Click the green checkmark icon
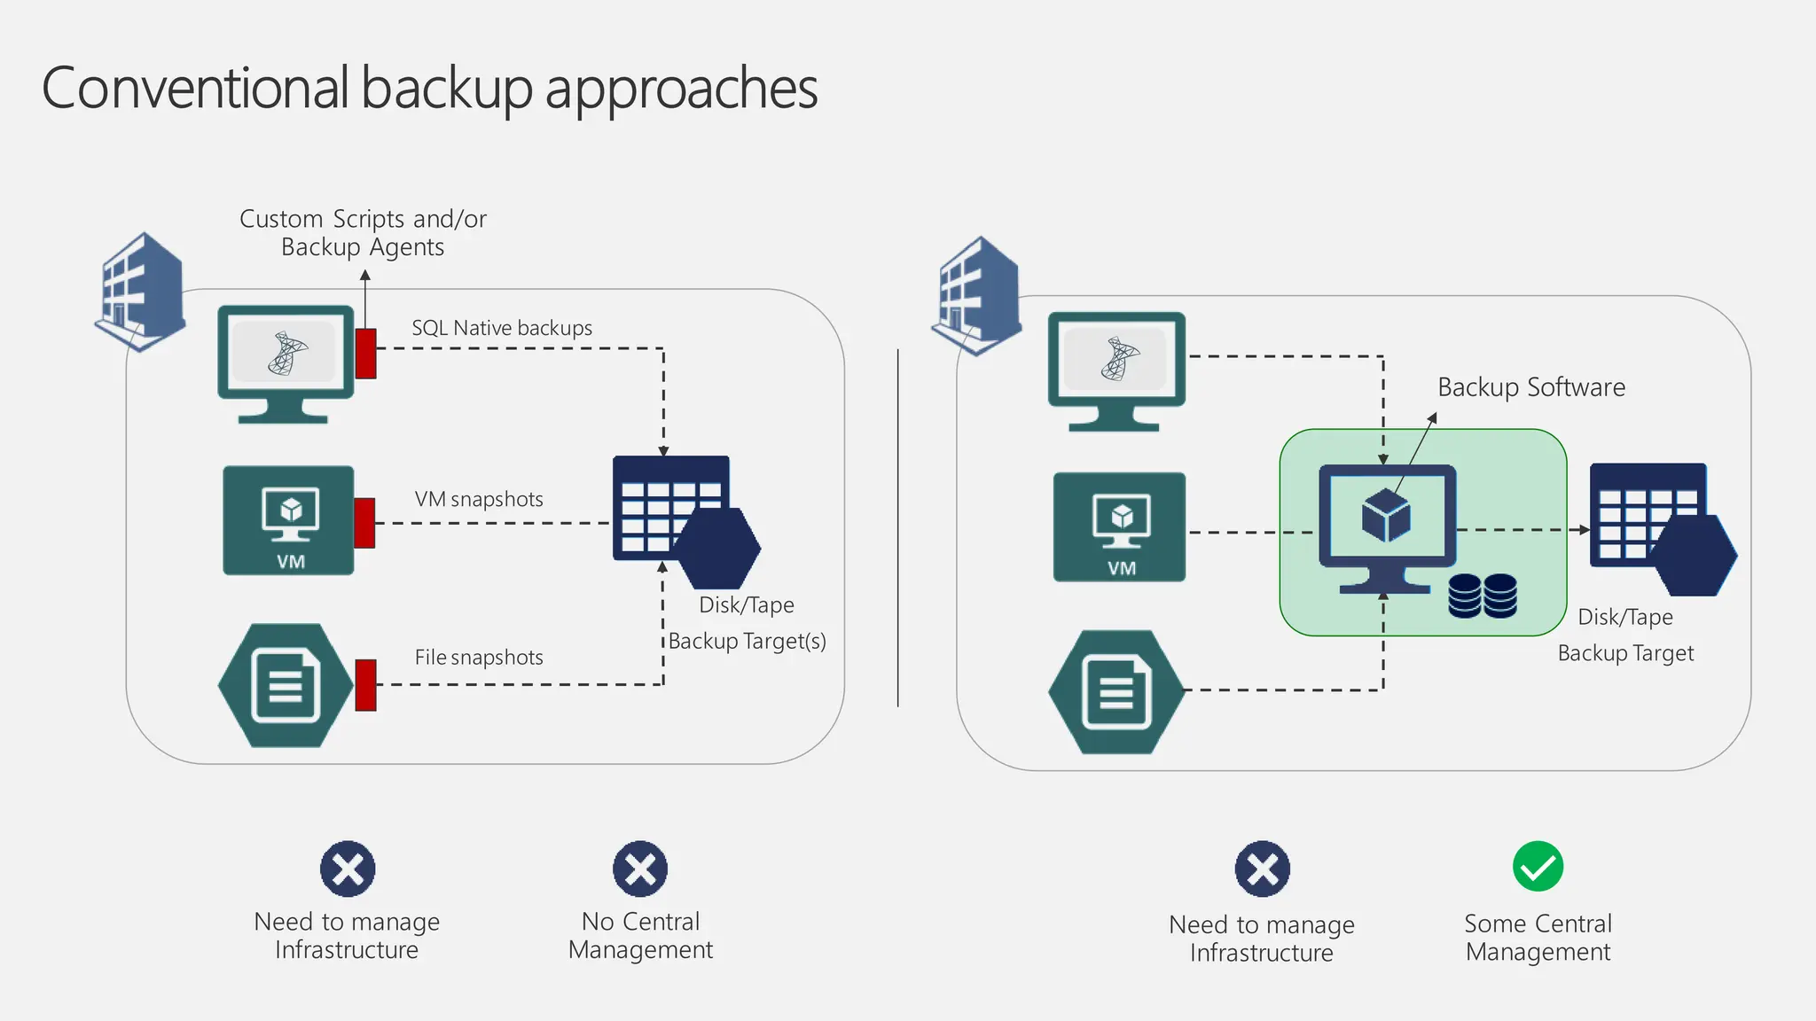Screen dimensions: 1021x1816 1538,867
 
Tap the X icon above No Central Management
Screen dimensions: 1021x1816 640,869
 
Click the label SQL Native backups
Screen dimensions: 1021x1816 502,328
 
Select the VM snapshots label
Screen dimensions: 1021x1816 479,499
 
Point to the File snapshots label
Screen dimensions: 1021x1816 479,658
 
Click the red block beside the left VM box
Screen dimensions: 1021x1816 364,523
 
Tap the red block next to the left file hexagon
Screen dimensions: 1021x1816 365,685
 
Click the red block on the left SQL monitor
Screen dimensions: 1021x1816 365,354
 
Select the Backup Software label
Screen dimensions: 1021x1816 1531,387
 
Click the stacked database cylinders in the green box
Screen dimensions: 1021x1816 1483,596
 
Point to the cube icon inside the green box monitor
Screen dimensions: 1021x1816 1386,517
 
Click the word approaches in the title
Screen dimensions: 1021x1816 681,89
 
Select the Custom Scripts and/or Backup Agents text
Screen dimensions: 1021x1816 363,232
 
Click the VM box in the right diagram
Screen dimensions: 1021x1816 1119,527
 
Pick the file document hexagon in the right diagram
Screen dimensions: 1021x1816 1116,692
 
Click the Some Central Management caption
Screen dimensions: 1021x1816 1538,938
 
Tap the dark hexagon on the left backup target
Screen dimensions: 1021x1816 716,548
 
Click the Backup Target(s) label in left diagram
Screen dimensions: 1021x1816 747,641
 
